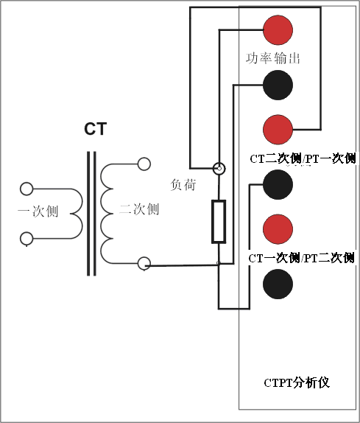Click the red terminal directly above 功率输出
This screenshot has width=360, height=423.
(x=278, y=29)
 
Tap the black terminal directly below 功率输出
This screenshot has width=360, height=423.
(x=278, y=85)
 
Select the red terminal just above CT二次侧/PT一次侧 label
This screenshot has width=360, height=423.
(x=278, y=130)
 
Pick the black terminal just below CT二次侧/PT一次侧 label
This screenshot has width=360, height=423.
(x=278, y=184)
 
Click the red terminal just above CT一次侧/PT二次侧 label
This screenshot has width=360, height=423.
(x=278, y=228)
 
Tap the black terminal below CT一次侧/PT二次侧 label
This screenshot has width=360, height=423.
(x=278, y=284)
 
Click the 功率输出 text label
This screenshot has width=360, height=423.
(x=273, y=57)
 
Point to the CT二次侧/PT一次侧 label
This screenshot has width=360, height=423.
(x=303, y=158)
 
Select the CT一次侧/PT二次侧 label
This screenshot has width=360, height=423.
(x=302, y=257)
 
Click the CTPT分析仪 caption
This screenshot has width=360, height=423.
(x=296, y=382)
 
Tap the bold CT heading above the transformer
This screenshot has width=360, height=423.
(x=95, y=130)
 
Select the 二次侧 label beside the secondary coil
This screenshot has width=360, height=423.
(x=139, y=209)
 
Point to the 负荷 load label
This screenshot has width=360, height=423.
(x=183, y=184)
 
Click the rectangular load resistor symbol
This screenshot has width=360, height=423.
(x=219, y=220)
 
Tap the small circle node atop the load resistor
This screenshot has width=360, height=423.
(x=219, y=169)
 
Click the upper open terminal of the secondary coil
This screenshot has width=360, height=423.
(x=144, y=164)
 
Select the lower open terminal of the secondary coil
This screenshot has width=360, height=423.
(x=144, y=262)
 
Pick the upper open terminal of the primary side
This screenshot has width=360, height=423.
(x=27, y=188)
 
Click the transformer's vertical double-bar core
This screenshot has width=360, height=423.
(x=91, y=213)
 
